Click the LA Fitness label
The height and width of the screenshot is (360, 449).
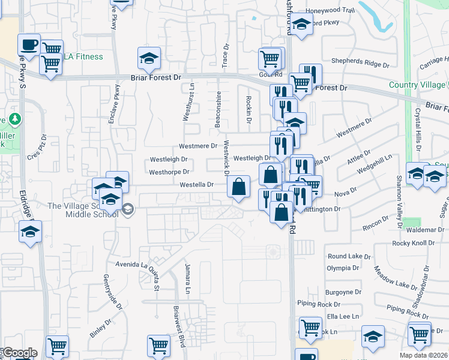coord(83,57)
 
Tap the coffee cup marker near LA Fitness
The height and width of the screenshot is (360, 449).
coord(29,44)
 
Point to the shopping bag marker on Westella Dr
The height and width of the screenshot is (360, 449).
coord(239,187)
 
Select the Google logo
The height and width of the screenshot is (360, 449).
coord(19,353)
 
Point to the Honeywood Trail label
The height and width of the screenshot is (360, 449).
coord(330,10)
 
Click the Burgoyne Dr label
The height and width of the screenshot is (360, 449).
coord(343,292)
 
